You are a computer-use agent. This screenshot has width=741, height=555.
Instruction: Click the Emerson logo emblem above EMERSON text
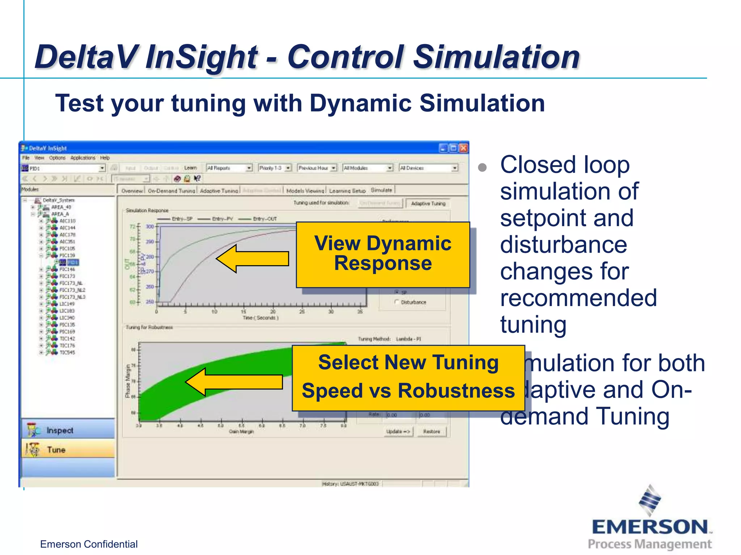[650, 500]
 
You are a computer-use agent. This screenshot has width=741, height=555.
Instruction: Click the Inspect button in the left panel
[60, 430]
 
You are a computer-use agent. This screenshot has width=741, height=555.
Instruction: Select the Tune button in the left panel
[56, 450]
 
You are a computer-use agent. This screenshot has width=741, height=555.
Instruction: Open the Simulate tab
[381, 190]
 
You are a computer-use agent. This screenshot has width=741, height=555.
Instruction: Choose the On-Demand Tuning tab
[171, 191]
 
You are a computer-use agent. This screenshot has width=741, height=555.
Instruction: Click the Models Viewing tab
[305, 191]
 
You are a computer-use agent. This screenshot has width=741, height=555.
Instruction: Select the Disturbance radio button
[397, 302]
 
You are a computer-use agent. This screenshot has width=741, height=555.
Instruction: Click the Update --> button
[398, 431]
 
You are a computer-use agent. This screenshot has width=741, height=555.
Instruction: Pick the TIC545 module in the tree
[67, 352]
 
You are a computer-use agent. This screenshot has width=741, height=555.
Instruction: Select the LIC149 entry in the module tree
[67, 304]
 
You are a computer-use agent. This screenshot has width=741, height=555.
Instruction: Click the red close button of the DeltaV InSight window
[463, 148]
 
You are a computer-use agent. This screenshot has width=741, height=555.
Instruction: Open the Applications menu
[82, 158]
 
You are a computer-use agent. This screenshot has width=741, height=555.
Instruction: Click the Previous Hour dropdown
[317, 168]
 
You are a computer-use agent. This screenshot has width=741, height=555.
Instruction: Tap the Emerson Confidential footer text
[89, 544]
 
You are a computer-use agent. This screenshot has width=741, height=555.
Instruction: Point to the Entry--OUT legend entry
[264, 219]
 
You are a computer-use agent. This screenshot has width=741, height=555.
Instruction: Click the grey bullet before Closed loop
[482, 167]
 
